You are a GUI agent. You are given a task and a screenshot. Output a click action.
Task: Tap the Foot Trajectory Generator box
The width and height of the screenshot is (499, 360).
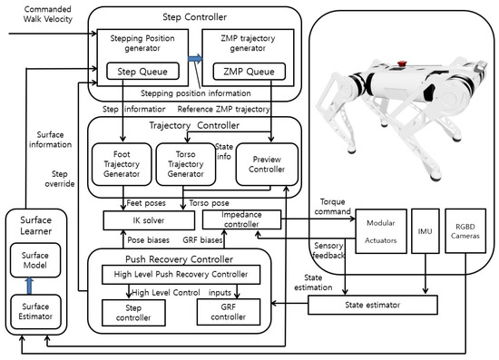(121, 164)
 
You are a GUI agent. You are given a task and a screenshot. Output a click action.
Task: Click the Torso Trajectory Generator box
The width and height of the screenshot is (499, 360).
(183, 163)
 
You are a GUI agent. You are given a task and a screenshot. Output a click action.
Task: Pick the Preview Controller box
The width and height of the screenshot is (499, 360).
(261, 164)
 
